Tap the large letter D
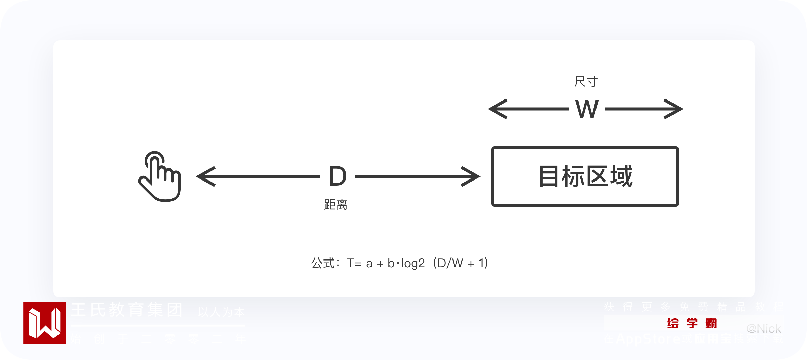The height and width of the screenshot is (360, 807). (x=337, y=176)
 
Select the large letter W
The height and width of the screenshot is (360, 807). (x=587, y=109)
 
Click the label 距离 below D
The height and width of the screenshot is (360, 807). (x=336, y=205)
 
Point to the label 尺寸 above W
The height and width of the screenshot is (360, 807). (x=586, y=82)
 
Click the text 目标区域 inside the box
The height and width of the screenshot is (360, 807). (x=585, y=176)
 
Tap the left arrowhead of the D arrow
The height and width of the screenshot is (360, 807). (x=204, y=176)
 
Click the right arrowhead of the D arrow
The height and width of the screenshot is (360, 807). (x=472, y=176)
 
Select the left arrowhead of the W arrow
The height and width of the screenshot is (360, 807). (x=496, y=109)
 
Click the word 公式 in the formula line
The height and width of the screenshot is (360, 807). (x=323, y=263)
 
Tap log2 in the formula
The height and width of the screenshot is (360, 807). (x=413, y=263)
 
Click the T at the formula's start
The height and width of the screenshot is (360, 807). (x=351, y=263)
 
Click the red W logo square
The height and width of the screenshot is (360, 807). (x=44, y=323)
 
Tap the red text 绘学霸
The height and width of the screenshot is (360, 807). (x=692, y=323)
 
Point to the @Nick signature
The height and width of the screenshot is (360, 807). (x=764, y=329)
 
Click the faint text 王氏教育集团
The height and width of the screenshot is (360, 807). (x=126, y=310)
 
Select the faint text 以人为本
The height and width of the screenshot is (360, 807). (x=221, y=312)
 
